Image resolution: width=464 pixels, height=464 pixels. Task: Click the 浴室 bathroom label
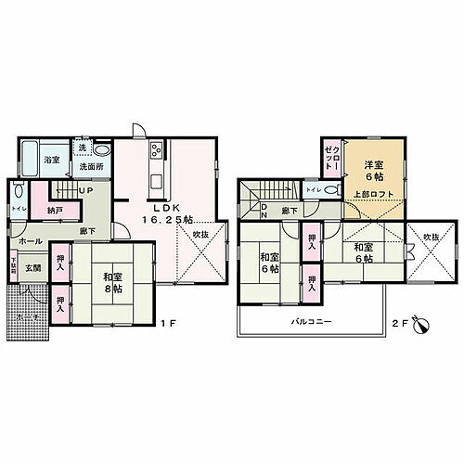[x=52, y=160]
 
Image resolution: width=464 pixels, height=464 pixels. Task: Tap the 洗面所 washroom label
[x=90, y=167]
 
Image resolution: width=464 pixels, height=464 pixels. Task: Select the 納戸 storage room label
[x=56, y=211]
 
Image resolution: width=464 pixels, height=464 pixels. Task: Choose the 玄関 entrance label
[x=32, y=268]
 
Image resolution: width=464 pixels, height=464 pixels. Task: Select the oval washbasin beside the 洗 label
[x=104, y=150]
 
